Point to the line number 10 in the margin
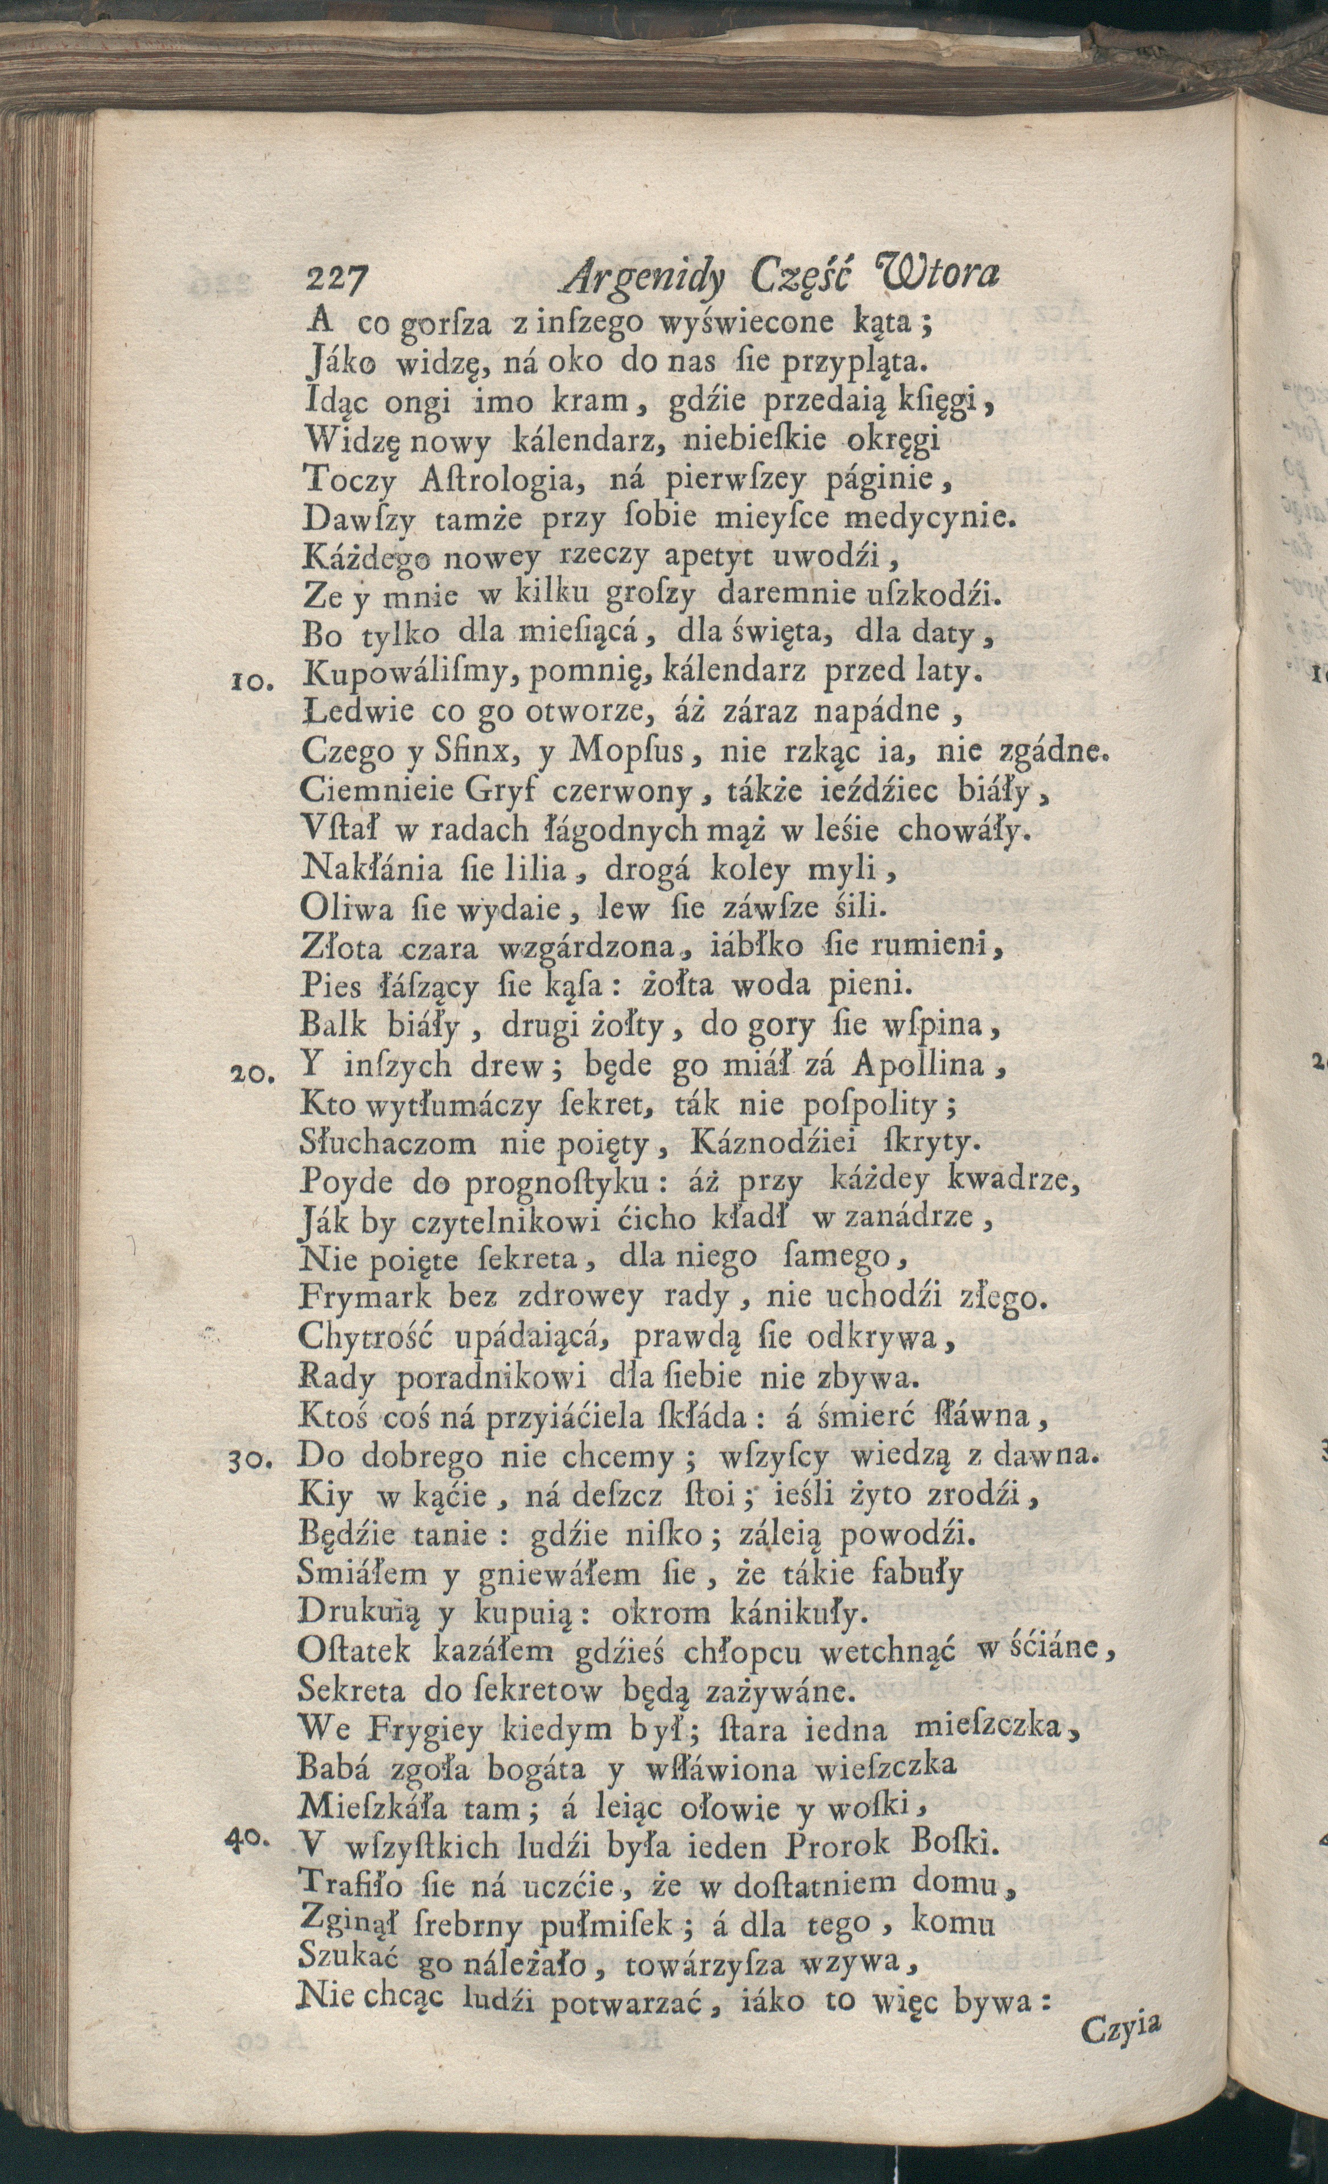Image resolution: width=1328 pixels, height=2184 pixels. point(254,681)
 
